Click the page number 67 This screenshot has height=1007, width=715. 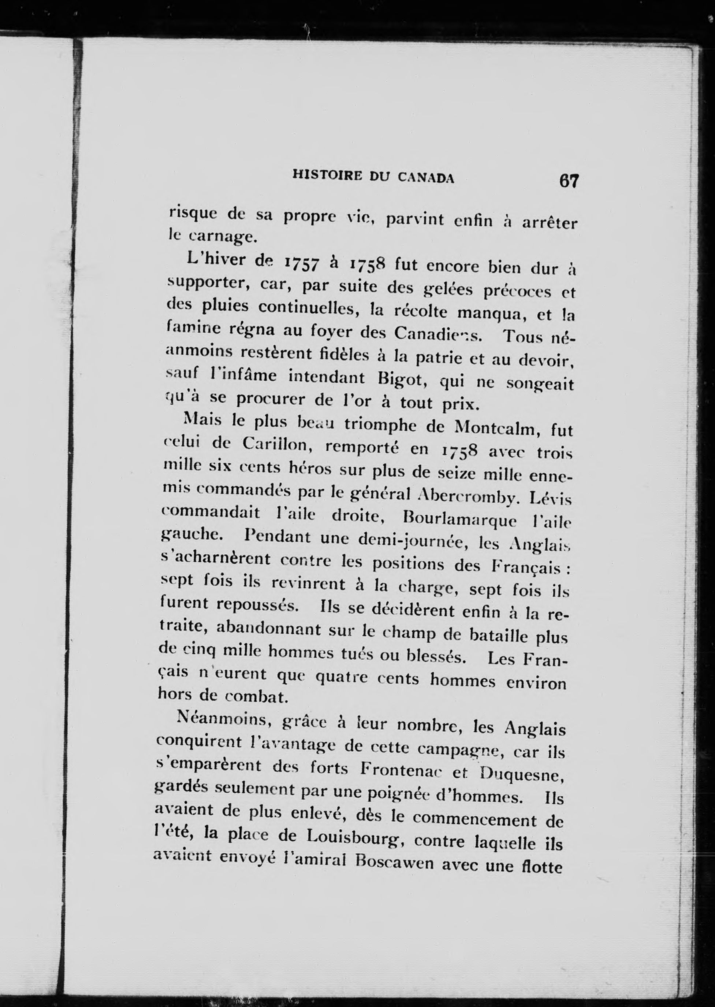pos(569,181)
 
